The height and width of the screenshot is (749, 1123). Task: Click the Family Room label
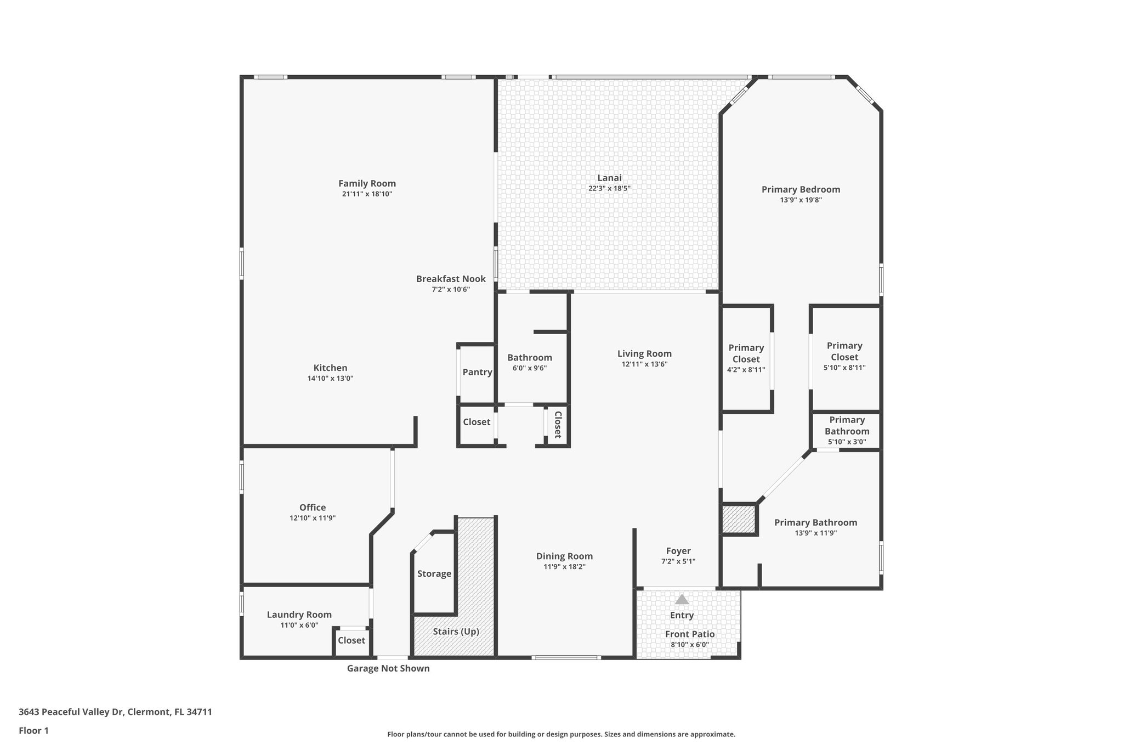tap(367, 183)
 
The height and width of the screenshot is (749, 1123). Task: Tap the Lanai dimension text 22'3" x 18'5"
tap(609, 188)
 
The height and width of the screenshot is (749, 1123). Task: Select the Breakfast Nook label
tap(451, 279)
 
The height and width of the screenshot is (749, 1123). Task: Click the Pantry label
tap(477, 372)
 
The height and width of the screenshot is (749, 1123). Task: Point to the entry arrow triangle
tap(682, 599)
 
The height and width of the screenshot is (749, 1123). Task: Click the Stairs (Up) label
tap(456, 632)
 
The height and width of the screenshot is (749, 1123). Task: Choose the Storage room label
tap(434, 573)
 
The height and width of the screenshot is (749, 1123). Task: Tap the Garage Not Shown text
tap(388, 668)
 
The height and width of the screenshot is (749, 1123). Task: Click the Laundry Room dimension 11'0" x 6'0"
tap(299, 625)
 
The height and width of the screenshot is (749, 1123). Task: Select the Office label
tap(313, 508)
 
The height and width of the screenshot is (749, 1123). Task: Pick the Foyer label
tap(678, 551)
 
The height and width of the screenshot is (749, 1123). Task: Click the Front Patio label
tap(690, 634)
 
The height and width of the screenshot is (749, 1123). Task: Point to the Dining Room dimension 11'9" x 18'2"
tap(564, 567)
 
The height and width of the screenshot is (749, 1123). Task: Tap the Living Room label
tap(644, 354)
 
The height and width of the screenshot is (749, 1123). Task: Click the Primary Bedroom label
tap(801, 189)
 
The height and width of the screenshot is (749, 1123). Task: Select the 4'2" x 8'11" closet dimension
tap(746, 370)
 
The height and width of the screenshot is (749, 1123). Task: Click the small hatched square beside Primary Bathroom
tap(739, 519)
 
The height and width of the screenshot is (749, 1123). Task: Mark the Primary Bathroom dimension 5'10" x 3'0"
tap(847, 442)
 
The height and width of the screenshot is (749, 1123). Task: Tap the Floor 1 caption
tap(33, 730)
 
